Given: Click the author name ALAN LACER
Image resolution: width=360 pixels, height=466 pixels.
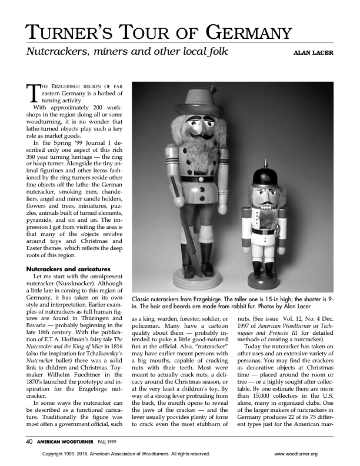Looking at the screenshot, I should pyautogui.click(x=313, y=53).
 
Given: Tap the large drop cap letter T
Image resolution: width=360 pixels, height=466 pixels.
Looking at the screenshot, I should pyautogui.click(x=33, y=94).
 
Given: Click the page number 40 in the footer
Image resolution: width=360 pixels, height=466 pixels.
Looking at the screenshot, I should pyautogui.click(x=29, y=440).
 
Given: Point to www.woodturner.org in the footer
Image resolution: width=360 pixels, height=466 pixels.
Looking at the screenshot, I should pyautogui.click(x=296, y=454).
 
